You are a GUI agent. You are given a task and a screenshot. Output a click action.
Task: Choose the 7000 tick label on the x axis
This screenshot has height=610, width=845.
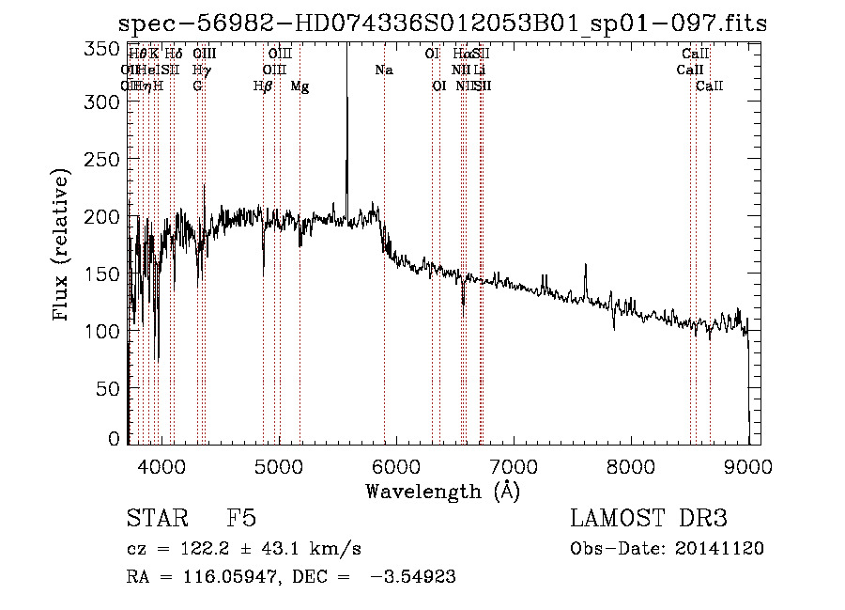pyautogui.click(x=514, y=463)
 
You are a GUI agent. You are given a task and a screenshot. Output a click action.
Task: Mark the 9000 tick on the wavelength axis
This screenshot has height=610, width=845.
pyautogui.click(x=748, y=463)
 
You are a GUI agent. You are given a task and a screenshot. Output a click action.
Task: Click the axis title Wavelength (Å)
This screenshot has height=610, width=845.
pyautogui.click(x=442, y=491)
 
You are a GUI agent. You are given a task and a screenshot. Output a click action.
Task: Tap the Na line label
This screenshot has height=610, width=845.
pyautogui.click(x=383, y=70)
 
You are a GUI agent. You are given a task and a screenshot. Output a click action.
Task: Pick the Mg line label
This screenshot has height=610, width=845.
pyautogui.click(x=300, y=86)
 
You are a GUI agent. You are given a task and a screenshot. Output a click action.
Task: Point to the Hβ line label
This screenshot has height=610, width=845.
pyautogui.click(x=263, y=86)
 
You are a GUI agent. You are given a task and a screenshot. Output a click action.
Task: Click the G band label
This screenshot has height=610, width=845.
pyautogui.click(x=197, y=86)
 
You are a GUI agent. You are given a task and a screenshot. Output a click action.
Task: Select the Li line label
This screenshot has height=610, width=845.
pyautogui.click(x=479, y=70)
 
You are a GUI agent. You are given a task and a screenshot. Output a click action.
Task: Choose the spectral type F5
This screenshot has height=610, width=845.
pyautogui.click(x=241, y=519)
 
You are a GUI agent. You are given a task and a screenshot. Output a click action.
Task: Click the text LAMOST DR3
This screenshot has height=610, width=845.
pyautogui.click(x=649, y=519)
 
